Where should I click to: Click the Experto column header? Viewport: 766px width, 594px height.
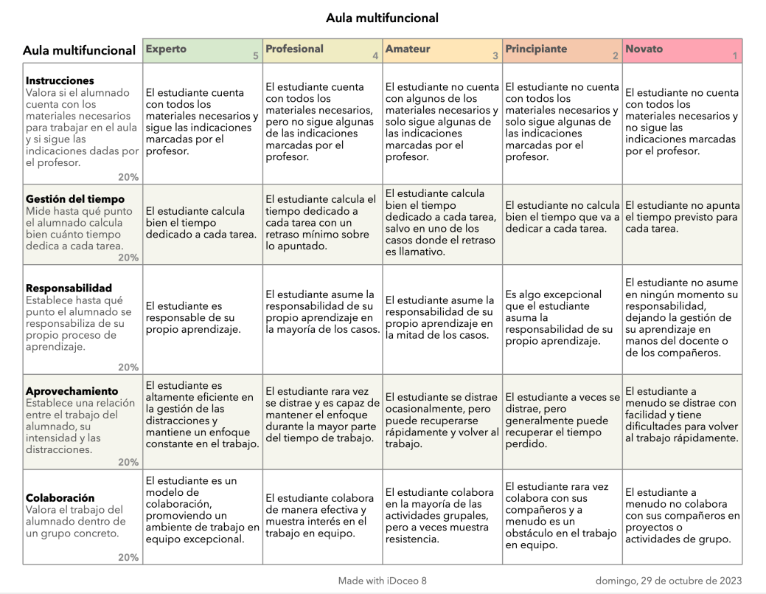167,49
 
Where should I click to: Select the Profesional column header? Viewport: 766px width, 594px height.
294,49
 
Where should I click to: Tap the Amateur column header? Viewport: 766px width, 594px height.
408,49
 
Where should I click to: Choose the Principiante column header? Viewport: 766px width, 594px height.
536,49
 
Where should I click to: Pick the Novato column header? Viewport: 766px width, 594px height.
644,49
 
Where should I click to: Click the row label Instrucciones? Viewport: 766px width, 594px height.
60,80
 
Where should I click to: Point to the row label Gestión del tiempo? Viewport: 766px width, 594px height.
75,199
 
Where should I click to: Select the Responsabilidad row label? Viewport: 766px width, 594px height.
69,289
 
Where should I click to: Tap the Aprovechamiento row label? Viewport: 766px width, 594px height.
72,391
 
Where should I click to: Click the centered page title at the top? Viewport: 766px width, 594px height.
382,18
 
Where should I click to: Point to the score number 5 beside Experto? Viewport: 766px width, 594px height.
255,55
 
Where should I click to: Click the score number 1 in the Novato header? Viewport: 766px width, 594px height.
734,55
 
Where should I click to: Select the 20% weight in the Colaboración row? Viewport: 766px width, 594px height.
128,557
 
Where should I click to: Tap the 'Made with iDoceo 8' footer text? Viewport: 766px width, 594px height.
382,580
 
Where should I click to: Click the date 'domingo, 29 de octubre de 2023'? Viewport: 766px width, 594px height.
668,580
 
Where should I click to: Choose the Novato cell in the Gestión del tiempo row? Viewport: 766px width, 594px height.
681,223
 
